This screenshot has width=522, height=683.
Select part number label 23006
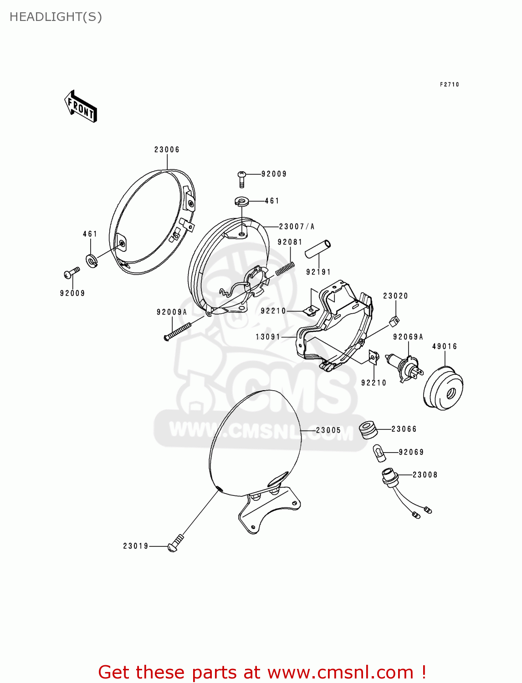[x=167, y=150]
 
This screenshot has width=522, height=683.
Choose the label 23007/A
[x=297, y=226]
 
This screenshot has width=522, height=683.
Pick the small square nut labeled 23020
[x=394, y=321]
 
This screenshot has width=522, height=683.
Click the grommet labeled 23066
[x=368, y=429]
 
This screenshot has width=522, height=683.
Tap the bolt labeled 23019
[x=175, y=544]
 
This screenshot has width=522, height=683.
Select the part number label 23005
[x=328, y=430]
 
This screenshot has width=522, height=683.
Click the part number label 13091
[x=268, y=337]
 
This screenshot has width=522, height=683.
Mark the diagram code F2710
[x=450, y=85]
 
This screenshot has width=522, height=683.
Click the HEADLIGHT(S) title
[x=56, y=17]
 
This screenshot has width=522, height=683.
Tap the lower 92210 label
[x=374, y=383]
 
